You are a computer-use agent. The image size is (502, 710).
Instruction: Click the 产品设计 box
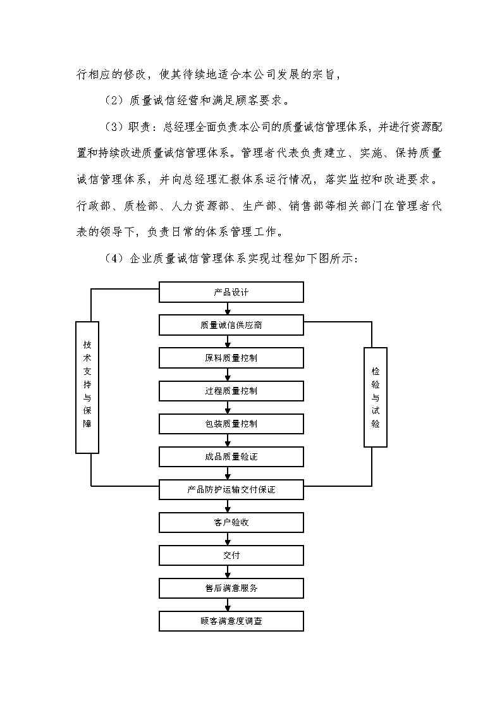pyautogui.click(x=231, y=292)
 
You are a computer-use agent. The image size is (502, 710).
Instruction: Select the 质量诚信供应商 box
pyautogui.click(x=231, y=325)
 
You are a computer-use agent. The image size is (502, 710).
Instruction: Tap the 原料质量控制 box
pyautogui.click(x=231, y=358)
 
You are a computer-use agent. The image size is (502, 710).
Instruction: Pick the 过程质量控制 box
pyautogui.click(x=231, y=391)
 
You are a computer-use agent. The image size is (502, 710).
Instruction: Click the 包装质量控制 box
pyautogui.click(x=231, y=424)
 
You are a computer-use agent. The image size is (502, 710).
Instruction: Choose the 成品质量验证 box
pyautogui.click(x=231, y=456)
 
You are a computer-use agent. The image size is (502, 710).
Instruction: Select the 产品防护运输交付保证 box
pyautogui.click(x=231, y=489)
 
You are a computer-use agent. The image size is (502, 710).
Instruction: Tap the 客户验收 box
pyautogui.click(x=231, y=522)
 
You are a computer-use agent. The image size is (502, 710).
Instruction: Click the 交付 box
pyautogui.click(x=231, y=555)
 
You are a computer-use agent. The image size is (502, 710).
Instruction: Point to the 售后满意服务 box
pyautogui.click(x=231, y=588)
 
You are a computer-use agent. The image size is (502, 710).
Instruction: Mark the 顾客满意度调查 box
pyautogui.click(x=231, y=621)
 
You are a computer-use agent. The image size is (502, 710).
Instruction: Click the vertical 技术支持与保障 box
pyautogui.click(x=87, y=387)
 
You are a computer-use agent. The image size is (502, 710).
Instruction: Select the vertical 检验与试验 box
pyautogui.click(x=376, y=397)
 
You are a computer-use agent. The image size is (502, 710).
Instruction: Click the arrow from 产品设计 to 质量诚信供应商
pyautogui.click(x=228, y=309)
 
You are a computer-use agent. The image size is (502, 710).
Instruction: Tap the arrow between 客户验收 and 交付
pyautogui.click(x=228, y=539)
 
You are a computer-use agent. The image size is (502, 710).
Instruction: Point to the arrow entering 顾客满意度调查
pyautogui.click(x=228, y=605)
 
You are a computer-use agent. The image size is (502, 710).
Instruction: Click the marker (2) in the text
pyautogui.click(x=114, y=100)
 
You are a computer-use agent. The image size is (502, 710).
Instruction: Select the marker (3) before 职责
pyautogui.click(x=114, y=126)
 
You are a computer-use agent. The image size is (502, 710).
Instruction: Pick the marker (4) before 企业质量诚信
pyautogui.click(x=114, y=259)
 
